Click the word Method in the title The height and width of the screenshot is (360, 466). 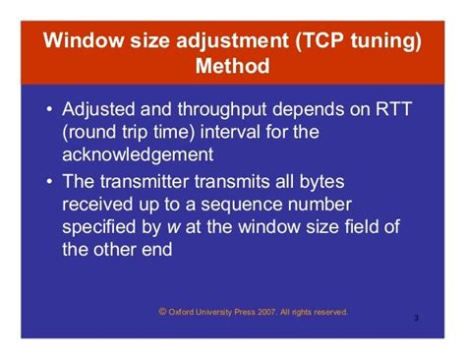[x=233, y=69]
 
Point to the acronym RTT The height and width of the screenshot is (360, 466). [x=389, y=108]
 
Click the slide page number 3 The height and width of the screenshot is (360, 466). [x=416, y=319]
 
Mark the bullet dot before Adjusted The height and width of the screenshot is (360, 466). [x=49, y=109]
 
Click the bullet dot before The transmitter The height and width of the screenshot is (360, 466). [x=49, y=181]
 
